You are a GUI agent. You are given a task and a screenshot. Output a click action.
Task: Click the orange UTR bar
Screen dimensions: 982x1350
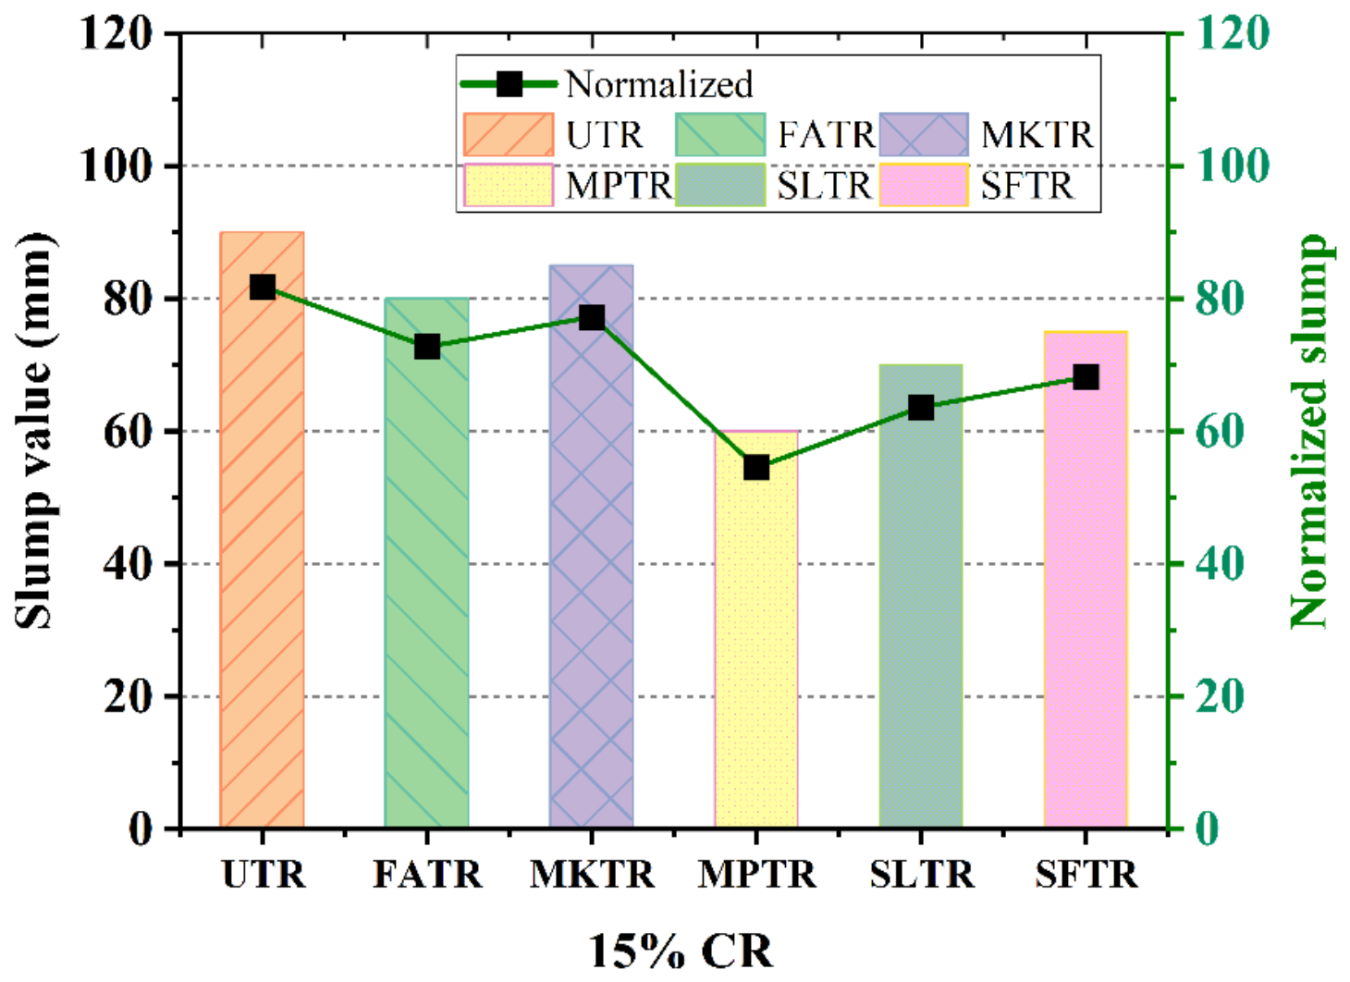click(262, 555)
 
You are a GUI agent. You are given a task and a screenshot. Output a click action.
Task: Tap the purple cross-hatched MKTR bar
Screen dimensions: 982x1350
click(591, 573)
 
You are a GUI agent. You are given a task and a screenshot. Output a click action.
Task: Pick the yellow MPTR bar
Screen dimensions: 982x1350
click(755, 647)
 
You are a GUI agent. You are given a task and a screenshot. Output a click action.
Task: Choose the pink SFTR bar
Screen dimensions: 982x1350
click(1086, 601)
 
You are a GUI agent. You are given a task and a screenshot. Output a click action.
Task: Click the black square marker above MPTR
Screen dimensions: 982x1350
click(756, 467)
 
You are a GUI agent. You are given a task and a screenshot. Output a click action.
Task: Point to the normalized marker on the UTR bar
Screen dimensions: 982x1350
click(263, 288)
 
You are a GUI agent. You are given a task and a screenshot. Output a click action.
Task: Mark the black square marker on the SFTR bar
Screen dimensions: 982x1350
click(1086, 377)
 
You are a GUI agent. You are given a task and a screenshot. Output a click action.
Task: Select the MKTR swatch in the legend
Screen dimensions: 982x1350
click(923, 135)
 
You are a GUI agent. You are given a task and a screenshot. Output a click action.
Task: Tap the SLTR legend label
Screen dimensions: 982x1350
click(824, 186)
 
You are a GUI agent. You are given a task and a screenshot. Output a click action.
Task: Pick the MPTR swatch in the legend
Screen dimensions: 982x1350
click(508, 186)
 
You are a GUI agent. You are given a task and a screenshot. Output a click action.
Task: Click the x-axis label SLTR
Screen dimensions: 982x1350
click(921, 874)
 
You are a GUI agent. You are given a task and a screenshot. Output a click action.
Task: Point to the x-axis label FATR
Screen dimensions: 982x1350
click(427, 874)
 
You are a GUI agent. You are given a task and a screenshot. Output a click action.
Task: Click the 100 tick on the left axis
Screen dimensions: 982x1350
click(117, 166)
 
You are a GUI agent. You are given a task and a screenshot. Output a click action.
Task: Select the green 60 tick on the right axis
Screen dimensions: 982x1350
click(1219, 431)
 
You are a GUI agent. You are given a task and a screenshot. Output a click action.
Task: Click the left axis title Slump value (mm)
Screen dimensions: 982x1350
click(35, 431)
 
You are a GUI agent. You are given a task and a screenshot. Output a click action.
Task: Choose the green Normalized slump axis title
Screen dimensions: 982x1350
click(1309, 431)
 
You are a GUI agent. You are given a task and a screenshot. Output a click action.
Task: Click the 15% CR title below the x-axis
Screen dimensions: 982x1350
click(681, 951)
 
